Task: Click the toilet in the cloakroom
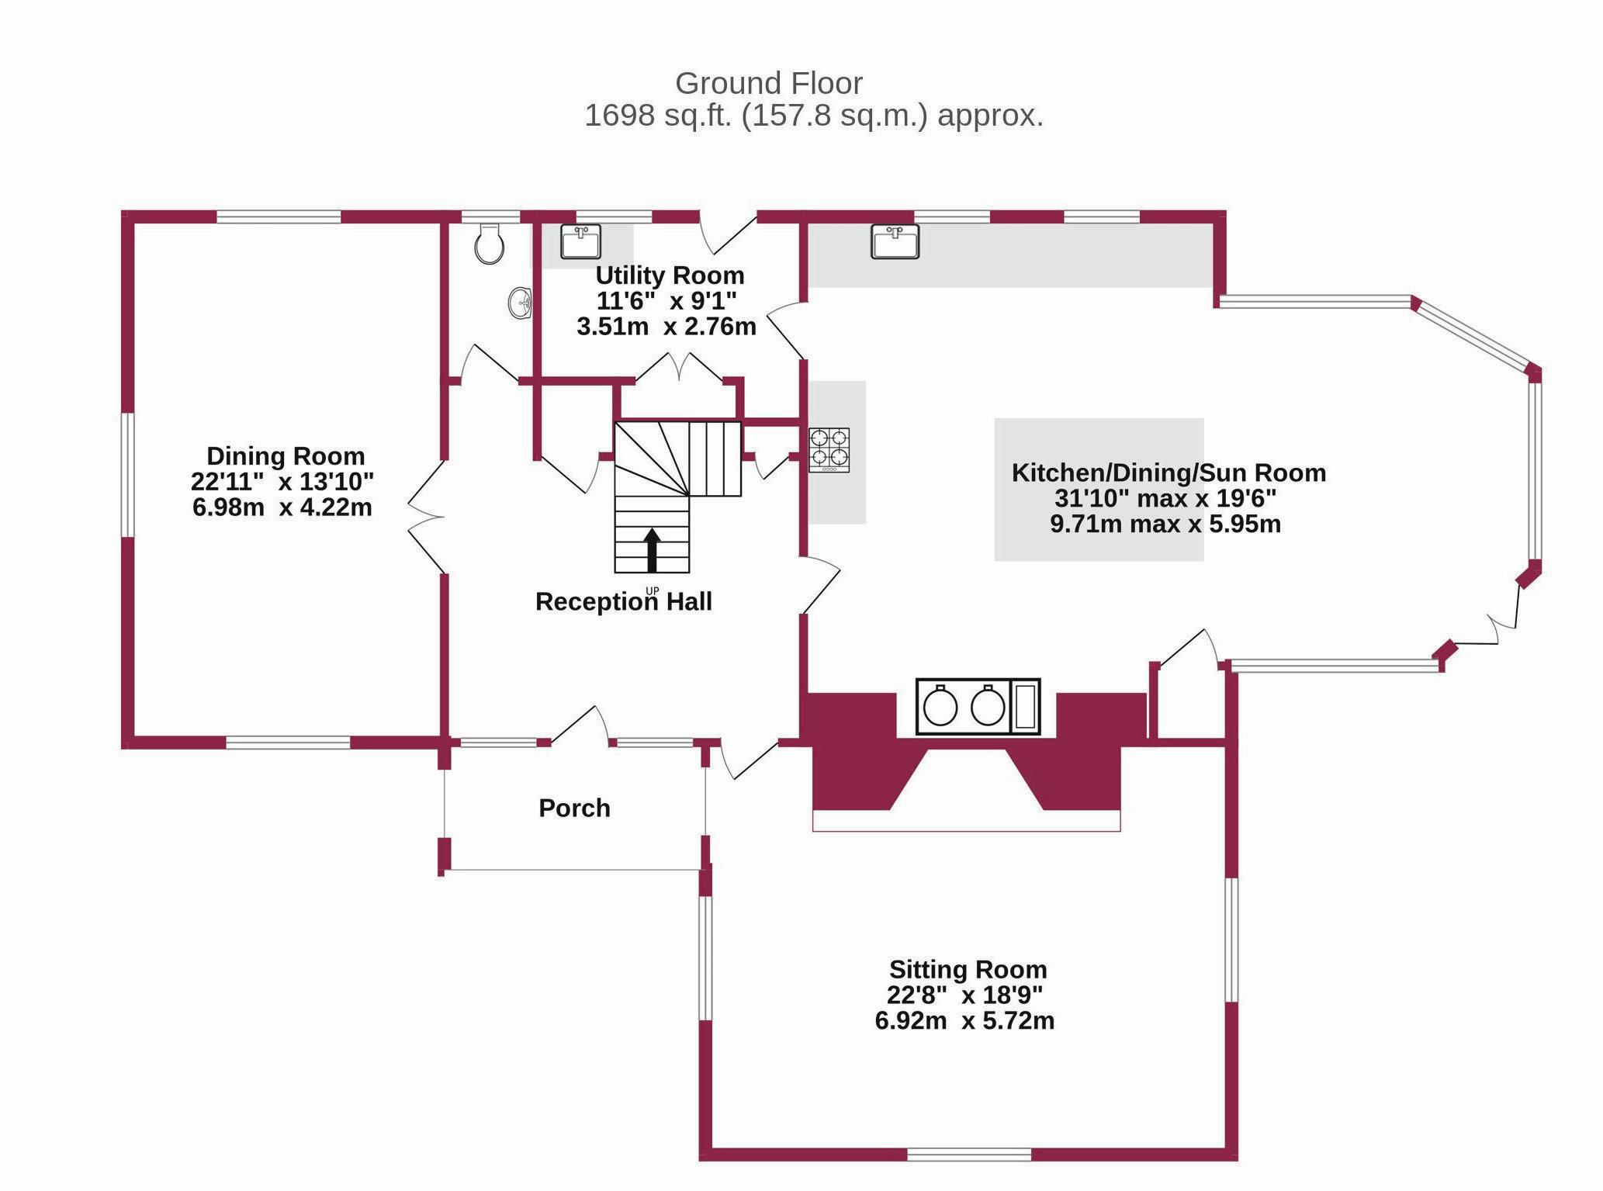point(489,244)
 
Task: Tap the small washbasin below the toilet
point(520,303)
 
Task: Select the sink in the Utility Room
point(580,241)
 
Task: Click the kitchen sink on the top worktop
point(895,241)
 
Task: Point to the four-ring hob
point(829,450)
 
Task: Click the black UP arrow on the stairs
point(652,549)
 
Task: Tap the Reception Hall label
point(623,602)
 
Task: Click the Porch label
point(574,808)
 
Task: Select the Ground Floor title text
point(768,83)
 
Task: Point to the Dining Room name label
point(285,455)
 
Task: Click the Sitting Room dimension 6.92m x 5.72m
point(964,1020)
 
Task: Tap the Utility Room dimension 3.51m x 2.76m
point(666,327)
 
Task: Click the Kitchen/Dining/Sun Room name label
point(1168,473)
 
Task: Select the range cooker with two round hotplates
point(977,706)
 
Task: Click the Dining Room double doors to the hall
point(427,516)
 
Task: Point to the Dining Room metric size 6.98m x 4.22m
point(282,507)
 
